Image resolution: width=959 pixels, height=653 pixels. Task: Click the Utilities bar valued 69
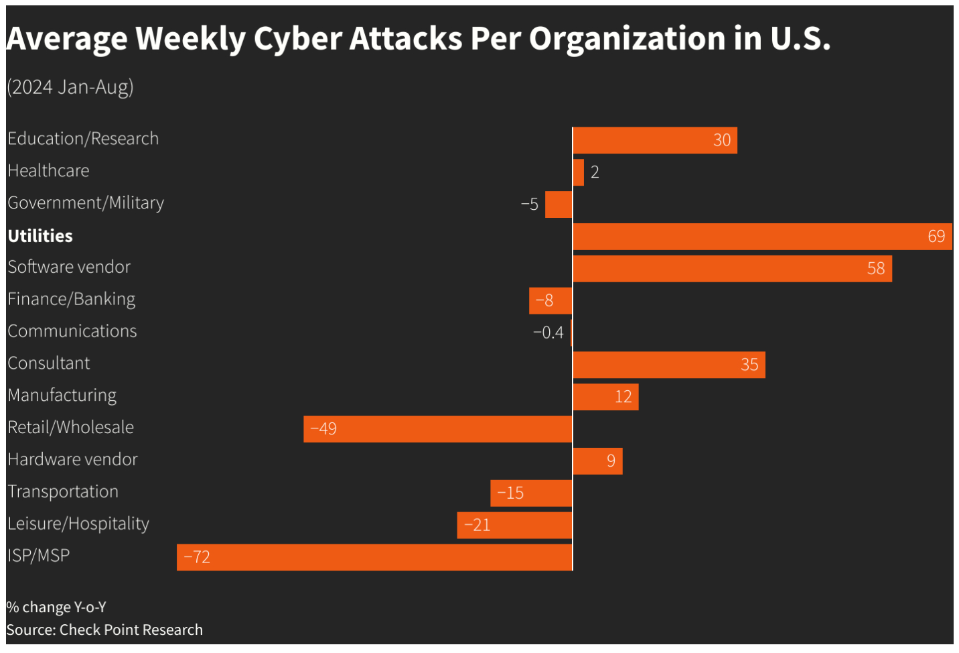pos(762,237)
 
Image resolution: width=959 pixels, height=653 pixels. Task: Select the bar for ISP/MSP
pos(374,557)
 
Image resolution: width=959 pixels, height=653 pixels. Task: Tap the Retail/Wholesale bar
pos(438,429)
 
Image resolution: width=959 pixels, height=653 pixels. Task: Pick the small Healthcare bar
pos(579,172)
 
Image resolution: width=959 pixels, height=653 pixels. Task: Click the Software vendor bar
pos(732,269)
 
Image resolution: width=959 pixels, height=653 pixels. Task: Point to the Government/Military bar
pos(559,204)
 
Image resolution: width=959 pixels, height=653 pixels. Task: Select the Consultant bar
pos(668,365)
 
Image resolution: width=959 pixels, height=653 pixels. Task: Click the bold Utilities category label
pos(40,236)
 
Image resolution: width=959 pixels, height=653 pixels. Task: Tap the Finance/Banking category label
pos(72,299)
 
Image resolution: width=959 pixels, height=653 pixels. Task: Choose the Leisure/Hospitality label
pos(78,524)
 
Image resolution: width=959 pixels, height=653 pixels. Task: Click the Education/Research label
pos(83,139)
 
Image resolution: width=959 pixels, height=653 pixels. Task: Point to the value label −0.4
pos(548,333)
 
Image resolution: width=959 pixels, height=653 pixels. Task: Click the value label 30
pos(722,140)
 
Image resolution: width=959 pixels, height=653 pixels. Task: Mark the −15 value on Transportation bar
pos(510,493)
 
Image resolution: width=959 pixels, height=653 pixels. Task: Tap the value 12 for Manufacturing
pos(623,397)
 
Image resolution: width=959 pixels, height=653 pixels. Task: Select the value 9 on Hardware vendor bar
pos(611,461)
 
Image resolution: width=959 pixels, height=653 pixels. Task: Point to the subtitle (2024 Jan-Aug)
pos(70,87)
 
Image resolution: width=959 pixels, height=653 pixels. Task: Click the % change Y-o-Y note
pos(56,607)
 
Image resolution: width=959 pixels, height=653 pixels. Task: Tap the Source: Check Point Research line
pos(104,630)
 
